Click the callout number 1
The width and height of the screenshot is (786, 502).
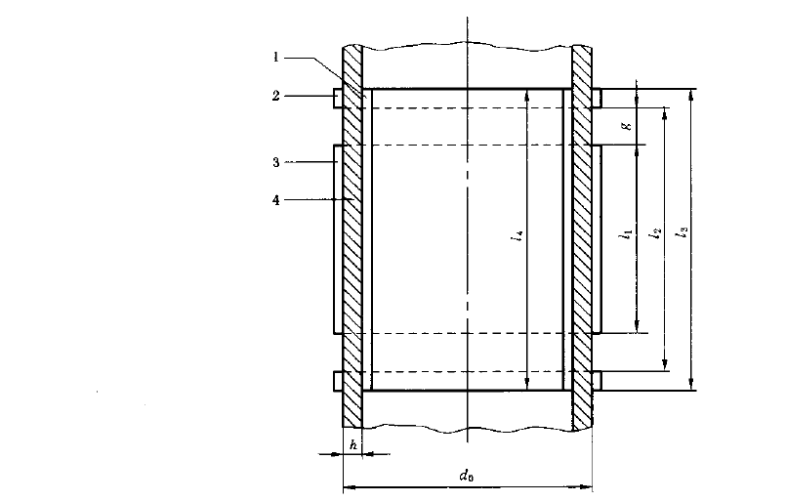coord(275,58)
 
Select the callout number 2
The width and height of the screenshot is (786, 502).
coord(276,96)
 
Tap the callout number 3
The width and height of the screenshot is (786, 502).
coord(276,162)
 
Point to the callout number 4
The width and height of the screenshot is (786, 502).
coord(276,200)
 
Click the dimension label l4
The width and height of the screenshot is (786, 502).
coord(517,236)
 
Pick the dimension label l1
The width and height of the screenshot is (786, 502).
coord(627,233)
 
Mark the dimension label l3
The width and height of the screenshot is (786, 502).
coord(683,231)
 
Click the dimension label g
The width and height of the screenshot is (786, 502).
coord(627,126)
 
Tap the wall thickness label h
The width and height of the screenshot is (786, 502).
coord(353,444)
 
